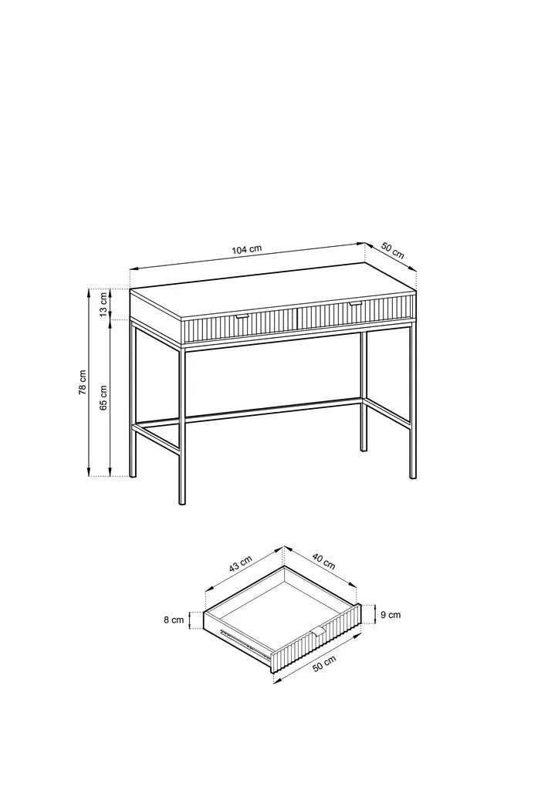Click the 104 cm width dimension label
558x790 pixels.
pos(246,249)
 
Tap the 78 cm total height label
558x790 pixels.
pos(83,383)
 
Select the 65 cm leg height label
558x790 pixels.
pos(103,397)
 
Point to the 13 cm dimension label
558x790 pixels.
pos(103,304)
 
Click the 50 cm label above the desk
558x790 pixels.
pos(392,251)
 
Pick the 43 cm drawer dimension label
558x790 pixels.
pos(241,564)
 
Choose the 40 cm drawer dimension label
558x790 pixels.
pos(323,562)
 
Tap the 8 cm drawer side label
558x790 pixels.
pos(174,620)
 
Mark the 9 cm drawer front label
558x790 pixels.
pos(391,615)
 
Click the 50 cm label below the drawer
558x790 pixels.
pos(324,664)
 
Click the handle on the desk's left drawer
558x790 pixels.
pos(242,316)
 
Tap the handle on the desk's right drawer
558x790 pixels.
pos(356,303)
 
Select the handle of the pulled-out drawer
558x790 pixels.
pos(318,631)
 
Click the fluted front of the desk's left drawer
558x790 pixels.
pos(241,326)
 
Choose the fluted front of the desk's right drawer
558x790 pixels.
pos(357,312)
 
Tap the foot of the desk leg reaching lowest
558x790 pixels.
pos(182,501)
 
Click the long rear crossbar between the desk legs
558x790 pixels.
pos(273,409)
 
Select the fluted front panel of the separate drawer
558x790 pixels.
pos(316,638)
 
